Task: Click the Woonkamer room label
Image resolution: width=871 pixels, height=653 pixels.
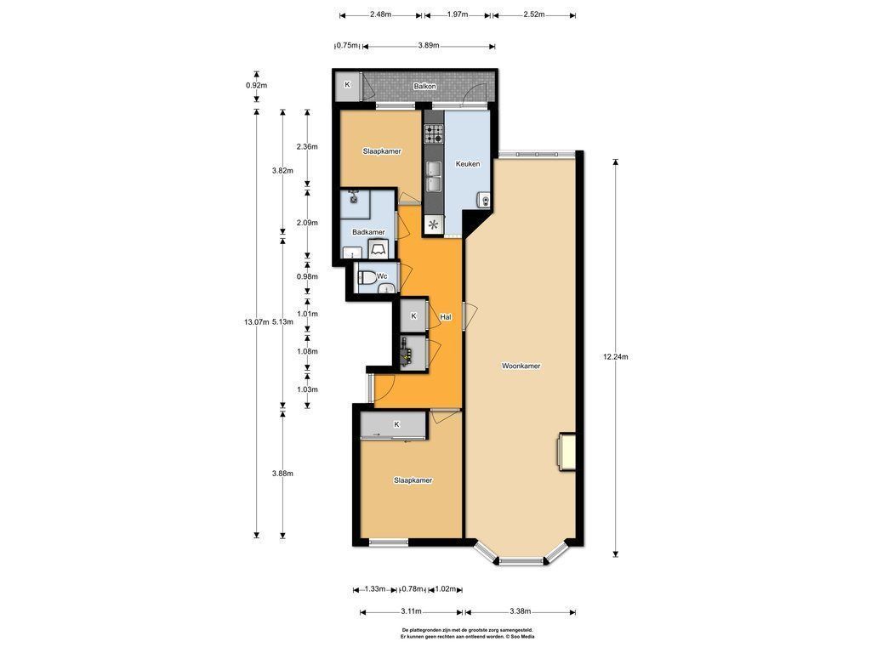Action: pyautogui.click(x=521, y=366)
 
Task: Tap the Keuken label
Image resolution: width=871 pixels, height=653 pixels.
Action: pyautogui.click(x=468, y=164)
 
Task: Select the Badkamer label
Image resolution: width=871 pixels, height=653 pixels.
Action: pyautogui.click(x=368, y=232)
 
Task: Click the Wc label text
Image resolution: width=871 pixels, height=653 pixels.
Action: pyautogui.click(x=382, y=276)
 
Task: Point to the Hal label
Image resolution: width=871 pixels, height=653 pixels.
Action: pyautogui.click(x=446, y=317)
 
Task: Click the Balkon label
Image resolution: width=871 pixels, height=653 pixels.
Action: pyautogui.click(x=424, y=87)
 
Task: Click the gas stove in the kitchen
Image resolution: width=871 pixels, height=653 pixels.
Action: pyautogui.click(x=434, y=133)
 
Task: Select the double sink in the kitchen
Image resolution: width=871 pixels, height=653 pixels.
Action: pyautogui.click(x=434, y=176)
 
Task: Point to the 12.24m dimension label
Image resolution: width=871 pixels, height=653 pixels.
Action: pyautogui.click(x=616, y=357)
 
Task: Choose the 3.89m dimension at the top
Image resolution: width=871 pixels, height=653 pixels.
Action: pyautogui.click(x=429, y=46)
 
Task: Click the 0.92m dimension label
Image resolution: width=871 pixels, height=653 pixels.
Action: pyautogui.click(x=257, y=86)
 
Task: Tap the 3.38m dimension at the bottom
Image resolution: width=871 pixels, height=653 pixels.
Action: pyautogui.click(x=520, y=611)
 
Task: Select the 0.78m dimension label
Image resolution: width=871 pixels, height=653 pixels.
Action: pyautogui.click(x=413, y=588)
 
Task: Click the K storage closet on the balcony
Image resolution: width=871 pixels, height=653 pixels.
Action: pyautogui.click(x=348, y=87)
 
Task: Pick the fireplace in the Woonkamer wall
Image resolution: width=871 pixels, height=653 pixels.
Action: pyautogui.click(x=566, y=451)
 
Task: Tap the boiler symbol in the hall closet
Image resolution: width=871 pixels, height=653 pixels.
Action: pyautogui.click(x=407, y=353)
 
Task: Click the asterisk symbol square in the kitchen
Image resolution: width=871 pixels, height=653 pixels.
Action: pyautogui.click(x=433, y=224)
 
